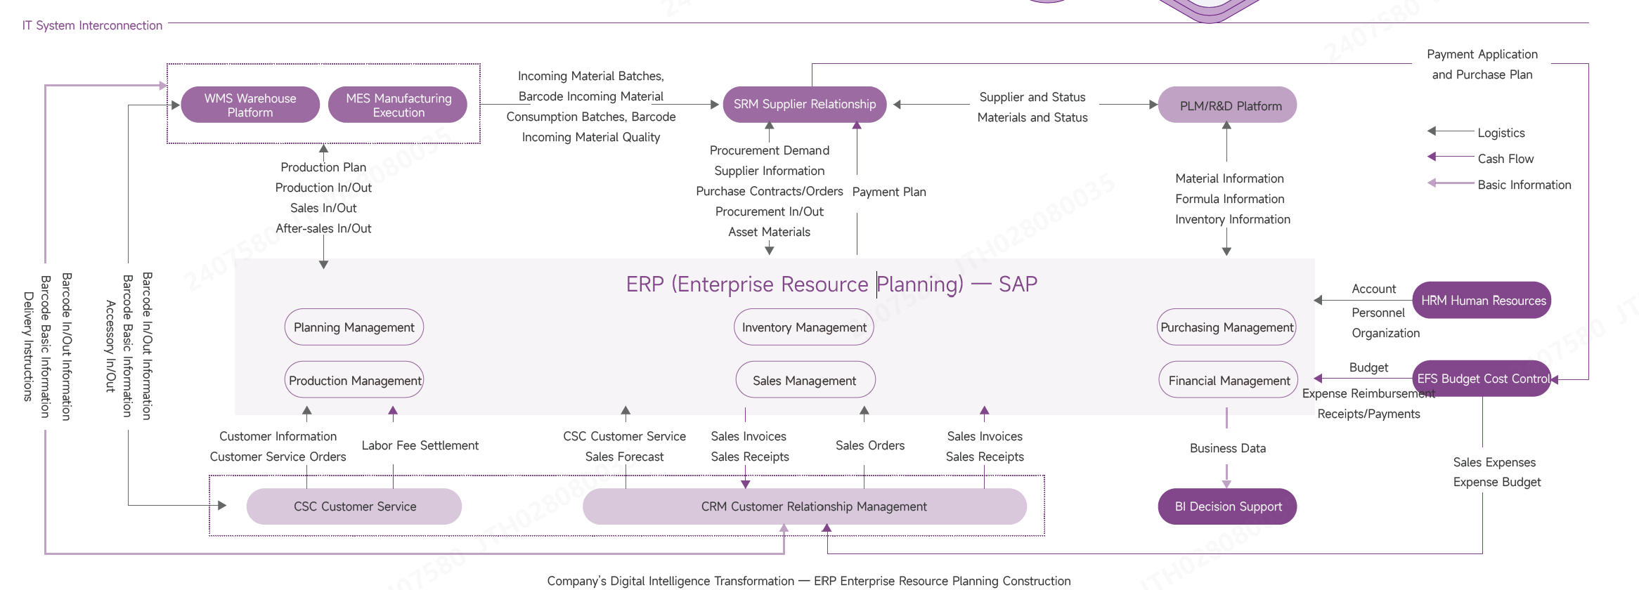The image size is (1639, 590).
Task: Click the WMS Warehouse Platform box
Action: (250, 105)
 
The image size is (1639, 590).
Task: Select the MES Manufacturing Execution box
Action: (398, 105)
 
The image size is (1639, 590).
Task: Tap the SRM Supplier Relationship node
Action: (804, 105)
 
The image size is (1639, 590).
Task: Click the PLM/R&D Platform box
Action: (1227, 105)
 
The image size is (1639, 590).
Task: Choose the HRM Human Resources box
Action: (1482, 301)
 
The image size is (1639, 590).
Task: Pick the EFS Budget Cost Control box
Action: (1482, 379)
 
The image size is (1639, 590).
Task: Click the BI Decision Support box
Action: (1227, 506)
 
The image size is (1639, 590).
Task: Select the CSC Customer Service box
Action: (354, 506)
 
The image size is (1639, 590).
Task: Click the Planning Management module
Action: (354, 327)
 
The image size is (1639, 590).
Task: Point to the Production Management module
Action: (354, 380)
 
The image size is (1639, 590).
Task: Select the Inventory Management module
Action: (804, 327)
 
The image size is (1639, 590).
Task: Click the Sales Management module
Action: (805, 380)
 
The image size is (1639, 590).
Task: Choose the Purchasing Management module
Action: (1226, 327)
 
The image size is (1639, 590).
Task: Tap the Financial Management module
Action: (1229, 380)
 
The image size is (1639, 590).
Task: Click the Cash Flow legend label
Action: (1505, 159)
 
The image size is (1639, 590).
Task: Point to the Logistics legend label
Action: (1501, 133)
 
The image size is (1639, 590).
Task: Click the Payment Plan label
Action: (889, 192)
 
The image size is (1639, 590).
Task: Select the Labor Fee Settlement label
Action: (420, 445)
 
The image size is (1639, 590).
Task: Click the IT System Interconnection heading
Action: (92, 25)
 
